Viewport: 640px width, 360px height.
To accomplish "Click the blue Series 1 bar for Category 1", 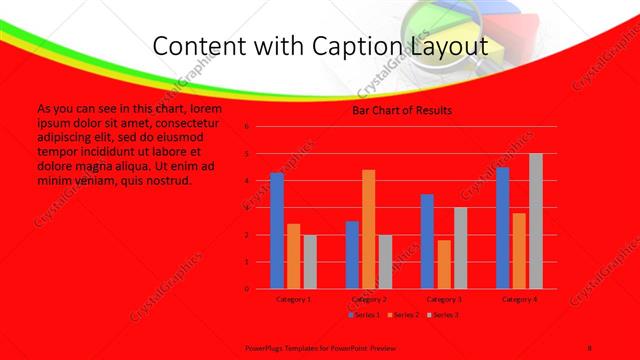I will pyautogui.click(x=277, y=231).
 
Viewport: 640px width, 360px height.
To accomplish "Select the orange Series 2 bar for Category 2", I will pyautogui.click(x=369, y=229).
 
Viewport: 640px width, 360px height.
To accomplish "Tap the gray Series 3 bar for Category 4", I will pyautogui.click(x=536, y=221).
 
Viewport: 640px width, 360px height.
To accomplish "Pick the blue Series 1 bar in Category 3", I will pyautogui.click(x=427, y=241).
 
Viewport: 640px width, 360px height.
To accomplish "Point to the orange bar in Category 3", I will pyautogui.click(x=443, y=264).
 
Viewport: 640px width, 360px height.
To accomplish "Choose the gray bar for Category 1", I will pyautogui.click(x=310, y=262).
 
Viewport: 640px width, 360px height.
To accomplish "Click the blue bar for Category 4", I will pyautogui.click(x=502, y=228).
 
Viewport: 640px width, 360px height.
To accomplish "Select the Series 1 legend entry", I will pyautogui.click(x=363, y=315).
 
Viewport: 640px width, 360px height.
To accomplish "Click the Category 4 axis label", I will pyautogui.click(x=519, y=299).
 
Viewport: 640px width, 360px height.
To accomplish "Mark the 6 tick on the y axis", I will pyautogui.click(x=246, y=127).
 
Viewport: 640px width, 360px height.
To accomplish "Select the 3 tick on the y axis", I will pyautogui.click(x=246, y=208).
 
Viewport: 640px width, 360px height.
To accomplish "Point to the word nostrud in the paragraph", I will pyautogui.click(x=160, y=181).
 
